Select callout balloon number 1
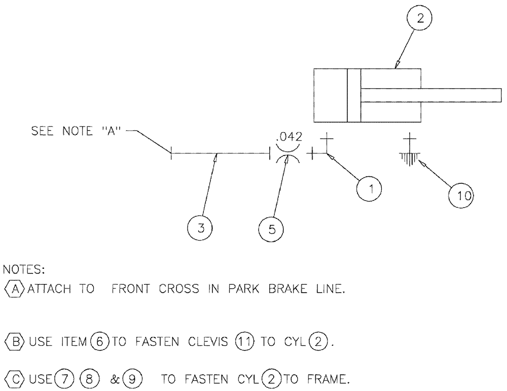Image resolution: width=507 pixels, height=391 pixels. [371, 189]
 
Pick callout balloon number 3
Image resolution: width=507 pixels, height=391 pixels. [201, 228]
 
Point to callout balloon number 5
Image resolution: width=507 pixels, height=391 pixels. [272, 229]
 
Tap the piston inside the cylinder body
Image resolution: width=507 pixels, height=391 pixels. [354, 95]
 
